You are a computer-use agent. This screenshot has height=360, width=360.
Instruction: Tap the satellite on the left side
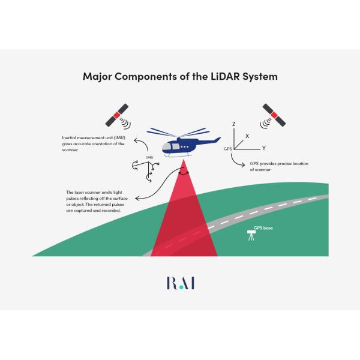coord(116,114)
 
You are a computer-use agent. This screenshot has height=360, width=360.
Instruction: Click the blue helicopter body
coord(179,146)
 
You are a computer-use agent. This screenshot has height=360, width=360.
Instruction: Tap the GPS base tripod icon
coord(251,236)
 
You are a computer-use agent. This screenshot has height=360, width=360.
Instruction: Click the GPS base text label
coord(263,228)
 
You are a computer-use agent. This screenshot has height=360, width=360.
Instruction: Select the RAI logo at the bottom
coord(179,283)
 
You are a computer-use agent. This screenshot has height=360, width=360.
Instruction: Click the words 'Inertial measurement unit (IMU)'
coord(93,138)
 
